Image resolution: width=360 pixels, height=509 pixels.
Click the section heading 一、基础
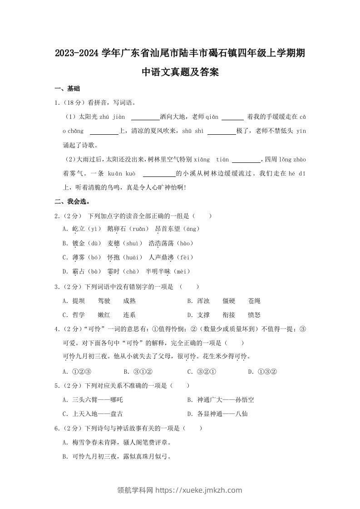point(67,88)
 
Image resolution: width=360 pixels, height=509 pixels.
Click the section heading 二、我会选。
point(72,201)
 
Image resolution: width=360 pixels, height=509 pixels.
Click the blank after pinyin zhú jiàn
point(144,117)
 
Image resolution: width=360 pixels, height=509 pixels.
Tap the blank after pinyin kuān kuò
point(159,174)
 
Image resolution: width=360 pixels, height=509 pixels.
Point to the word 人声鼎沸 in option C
point(161,258)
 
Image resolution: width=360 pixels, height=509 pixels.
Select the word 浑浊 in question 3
point(203,301)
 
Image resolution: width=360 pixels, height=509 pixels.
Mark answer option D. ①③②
point(262,372)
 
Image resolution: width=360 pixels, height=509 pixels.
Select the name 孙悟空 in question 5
point(245,400)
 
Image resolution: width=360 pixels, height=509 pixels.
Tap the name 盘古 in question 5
point(117,414)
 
